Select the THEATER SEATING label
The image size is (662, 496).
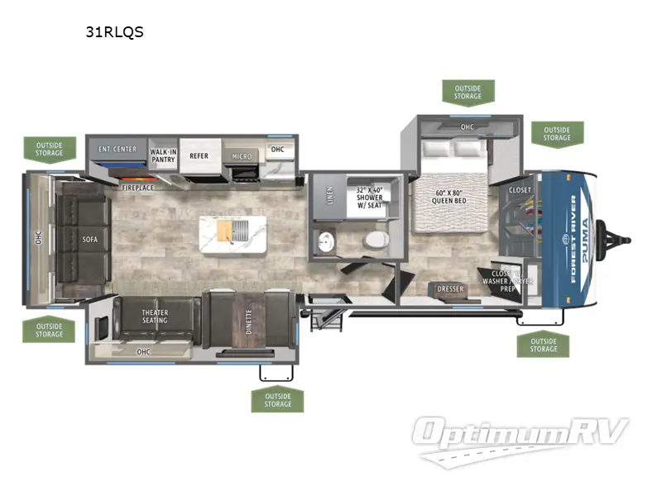click(x=155, y=317)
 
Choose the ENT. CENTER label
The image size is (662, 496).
click(x=118, y=150)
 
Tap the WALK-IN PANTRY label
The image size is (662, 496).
click(x=163, y=155)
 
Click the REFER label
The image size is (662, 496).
click(x=199, y=155)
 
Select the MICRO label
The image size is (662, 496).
click(x=242, y=156)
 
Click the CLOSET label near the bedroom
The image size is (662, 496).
click(x=520, y=190)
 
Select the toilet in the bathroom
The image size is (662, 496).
click(x=377, y=241)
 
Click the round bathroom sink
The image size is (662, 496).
click(x=326, y=241)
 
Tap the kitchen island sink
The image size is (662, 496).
click(x=240, y=231)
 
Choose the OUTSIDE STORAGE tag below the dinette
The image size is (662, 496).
click(x=278, y=400)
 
